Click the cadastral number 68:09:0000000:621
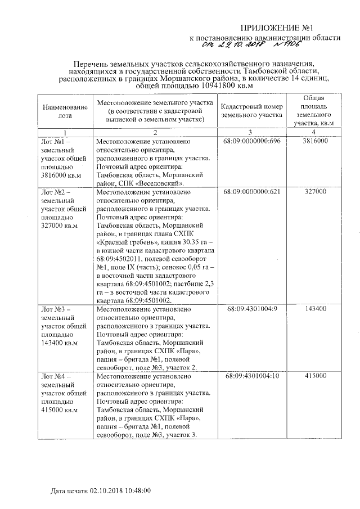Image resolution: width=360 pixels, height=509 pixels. tap(251, 192)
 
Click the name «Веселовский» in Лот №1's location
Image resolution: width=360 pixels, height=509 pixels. tap(163, 183)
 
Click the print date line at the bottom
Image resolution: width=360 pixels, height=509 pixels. tap(101, 491)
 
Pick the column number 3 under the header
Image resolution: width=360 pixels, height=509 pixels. tap(251, 131)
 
